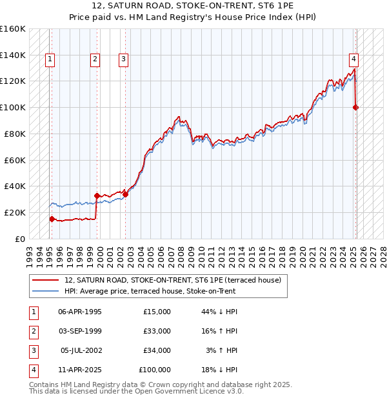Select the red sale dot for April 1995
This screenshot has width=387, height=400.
[x=52, y=219]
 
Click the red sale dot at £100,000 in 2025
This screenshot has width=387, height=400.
[x=356, y=107]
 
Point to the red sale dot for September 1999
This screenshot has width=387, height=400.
[x=97, y=195]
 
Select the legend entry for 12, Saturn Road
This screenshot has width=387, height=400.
[x=172, y=280]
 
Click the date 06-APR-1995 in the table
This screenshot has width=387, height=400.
[x=80, y=312]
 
